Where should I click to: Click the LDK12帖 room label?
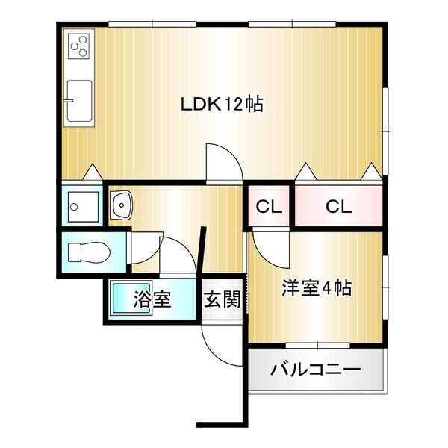[x=222, y=105]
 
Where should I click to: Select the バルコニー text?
[x=316, y=370]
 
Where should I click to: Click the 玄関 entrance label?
[x=223, y=301]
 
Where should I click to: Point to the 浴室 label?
[x=153, y=300]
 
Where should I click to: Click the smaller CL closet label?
[x=270, y=207]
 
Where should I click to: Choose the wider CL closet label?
[x=338, y=207]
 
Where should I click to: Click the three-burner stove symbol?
[x=78, y=46]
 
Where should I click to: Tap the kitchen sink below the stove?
[x=78, y=102]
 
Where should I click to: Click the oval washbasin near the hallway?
[x=121, y=202]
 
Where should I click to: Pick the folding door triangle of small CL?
[x=305, y=172]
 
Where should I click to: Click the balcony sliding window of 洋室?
[x=317, y=344]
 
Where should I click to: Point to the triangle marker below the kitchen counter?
[x=91, y=172]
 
